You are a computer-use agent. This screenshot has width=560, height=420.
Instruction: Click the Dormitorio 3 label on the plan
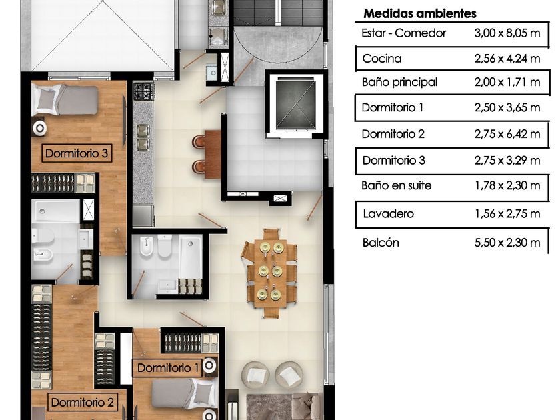(x=77, y=153)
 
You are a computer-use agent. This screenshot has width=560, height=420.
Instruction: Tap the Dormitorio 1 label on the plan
(x=168, y=368)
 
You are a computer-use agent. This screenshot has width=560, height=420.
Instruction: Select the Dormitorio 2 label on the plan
(x=82, y=403)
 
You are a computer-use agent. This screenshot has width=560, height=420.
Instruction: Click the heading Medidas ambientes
(x=419, y=13)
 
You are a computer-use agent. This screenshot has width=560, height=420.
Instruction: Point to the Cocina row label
(x=382, y=59)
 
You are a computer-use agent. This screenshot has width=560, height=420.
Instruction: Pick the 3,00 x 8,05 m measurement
(x=507, y=33)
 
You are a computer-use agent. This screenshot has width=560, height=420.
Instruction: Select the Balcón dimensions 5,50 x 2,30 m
(x=507, y=243)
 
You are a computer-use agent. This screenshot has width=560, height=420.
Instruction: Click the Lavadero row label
(x=388, y=214)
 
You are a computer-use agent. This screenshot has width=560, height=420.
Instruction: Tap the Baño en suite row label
(x=397, y=185)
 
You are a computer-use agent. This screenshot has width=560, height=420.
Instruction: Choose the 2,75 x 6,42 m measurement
(x=507, y=134)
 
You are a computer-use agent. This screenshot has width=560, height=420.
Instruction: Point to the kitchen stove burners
(x=143, y=91)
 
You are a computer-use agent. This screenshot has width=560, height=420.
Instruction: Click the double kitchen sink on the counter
(x=143, y=137)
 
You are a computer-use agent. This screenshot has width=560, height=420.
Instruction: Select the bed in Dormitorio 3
(x=65, y=99)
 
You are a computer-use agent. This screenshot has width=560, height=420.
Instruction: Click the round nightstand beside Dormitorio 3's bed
(x=39, y=129)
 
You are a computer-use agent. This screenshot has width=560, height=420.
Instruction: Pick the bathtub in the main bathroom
(x=191, y=257)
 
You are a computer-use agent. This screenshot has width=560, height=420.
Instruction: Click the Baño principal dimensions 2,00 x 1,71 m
(x=507, y=82)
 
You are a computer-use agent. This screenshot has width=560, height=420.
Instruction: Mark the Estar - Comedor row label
(x=403, y=33)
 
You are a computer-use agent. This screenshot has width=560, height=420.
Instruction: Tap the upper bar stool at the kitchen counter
(x=198, y=141)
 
